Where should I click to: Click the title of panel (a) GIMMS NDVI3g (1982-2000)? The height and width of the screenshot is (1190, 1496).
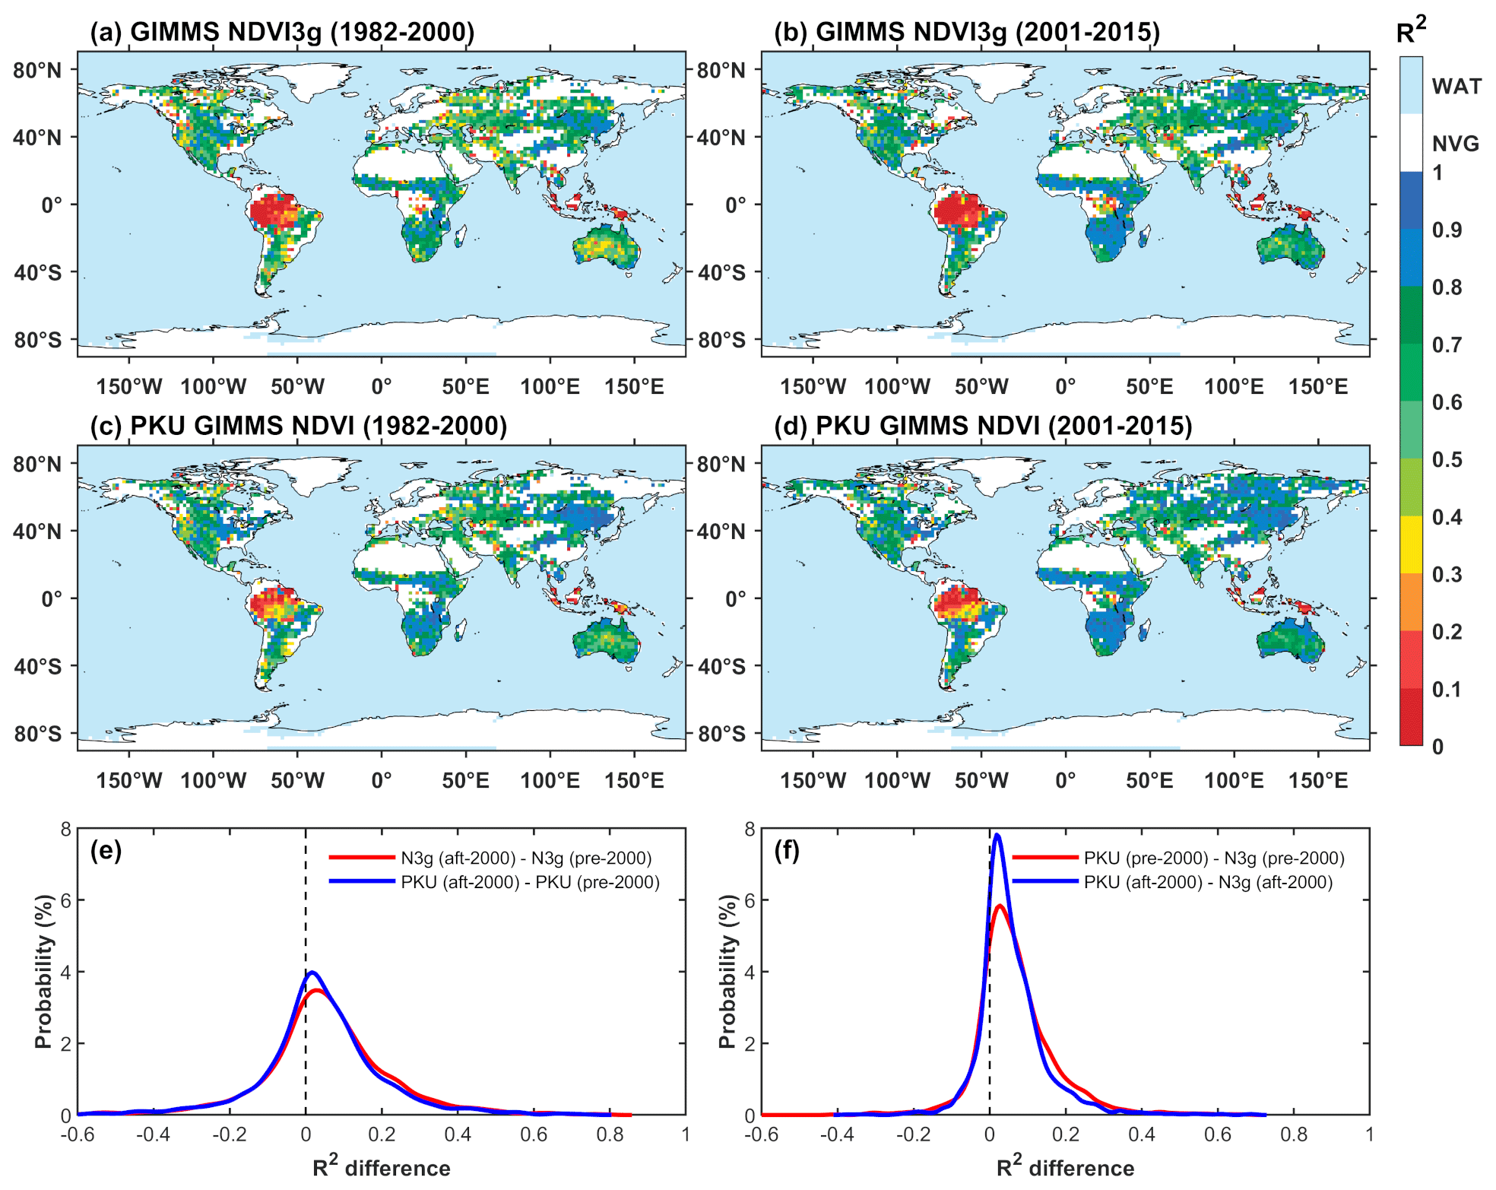[282, 32]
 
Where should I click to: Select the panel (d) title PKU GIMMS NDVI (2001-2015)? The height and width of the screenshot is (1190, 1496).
[983, 426]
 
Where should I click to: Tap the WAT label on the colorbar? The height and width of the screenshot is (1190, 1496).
[1456, 86]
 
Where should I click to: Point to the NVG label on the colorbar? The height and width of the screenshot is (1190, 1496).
[1456, 143]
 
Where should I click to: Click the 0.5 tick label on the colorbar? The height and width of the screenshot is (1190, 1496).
[1447, 460]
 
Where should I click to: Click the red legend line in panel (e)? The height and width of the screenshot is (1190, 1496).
[362, 858]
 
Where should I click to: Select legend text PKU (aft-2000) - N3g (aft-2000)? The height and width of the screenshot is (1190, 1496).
[1208, 882]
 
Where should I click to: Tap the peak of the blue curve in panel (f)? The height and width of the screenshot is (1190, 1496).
[997, 836]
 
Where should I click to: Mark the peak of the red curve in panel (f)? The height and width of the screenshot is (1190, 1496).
[1000, 906]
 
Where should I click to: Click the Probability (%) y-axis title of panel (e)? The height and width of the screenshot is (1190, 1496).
[43, 971]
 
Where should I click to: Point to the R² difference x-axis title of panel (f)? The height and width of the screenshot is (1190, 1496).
[1065, 1167]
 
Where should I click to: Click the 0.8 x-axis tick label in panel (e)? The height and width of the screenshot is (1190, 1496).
[610, 1134]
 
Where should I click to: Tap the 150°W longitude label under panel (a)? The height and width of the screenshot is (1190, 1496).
[128, 386]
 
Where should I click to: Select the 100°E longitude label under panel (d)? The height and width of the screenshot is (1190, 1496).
[1234, 780]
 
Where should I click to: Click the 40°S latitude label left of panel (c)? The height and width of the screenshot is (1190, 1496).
[37, 666]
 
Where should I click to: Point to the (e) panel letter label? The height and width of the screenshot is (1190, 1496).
[106, 850]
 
